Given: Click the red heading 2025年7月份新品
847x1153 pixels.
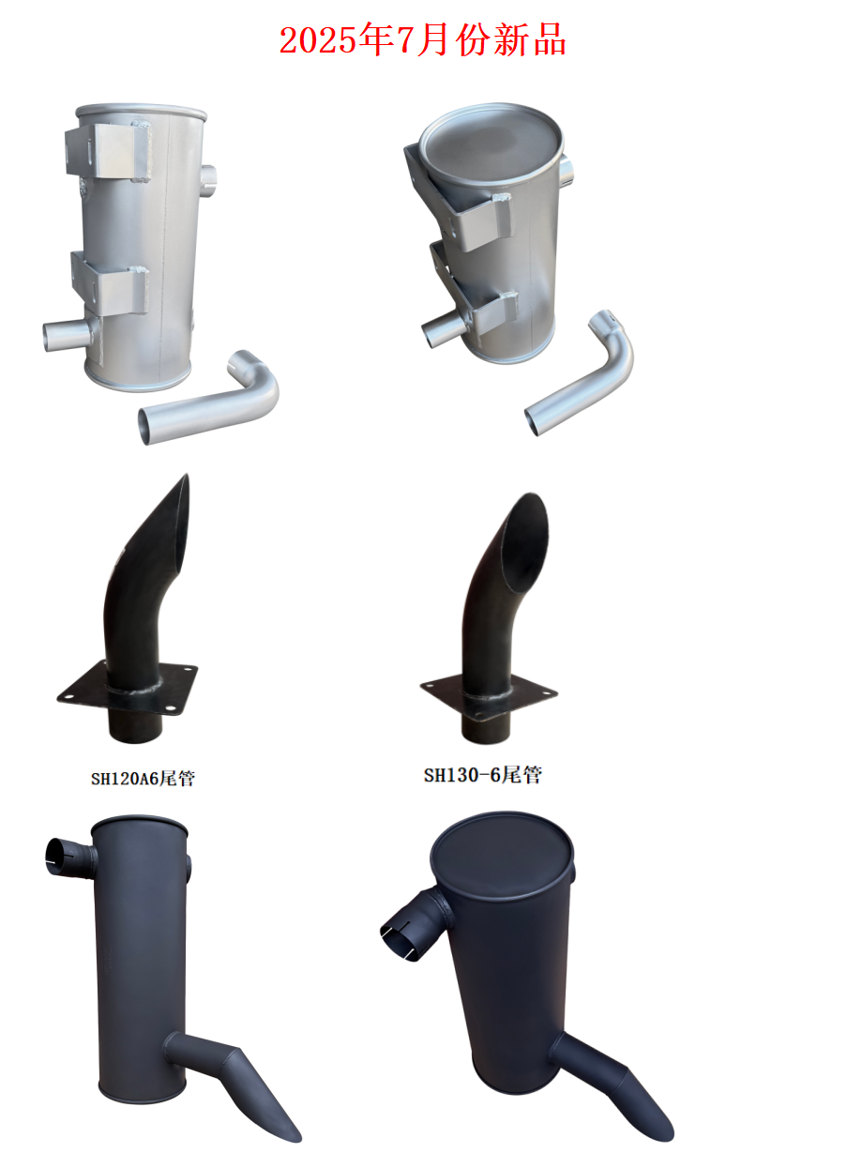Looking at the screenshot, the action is point(422,40).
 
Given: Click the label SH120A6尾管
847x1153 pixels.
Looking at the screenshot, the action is point(144,779).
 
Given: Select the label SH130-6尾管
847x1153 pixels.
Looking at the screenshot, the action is point(483,775).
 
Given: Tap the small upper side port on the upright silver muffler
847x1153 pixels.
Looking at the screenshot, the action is point(209,180).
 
